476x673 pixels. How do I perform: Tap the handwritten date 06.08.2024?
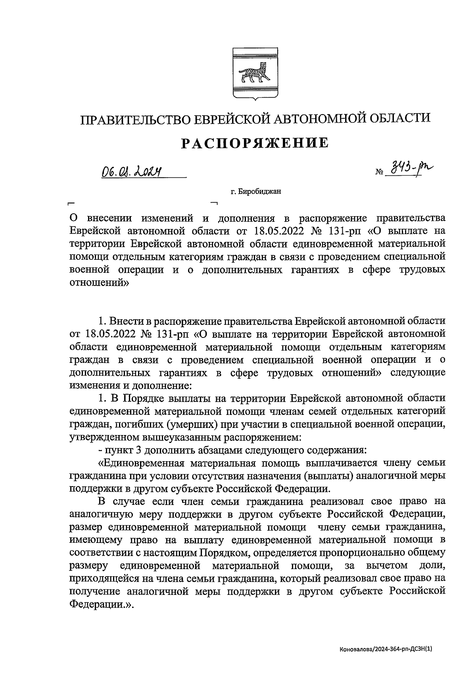133,171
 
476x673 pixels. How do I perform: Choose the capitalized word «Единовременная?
141,463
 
